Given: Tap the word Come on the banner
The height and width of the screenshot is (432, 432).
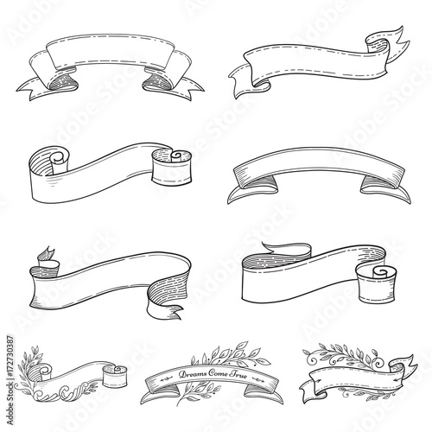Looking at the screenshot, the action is (x=218, y=373).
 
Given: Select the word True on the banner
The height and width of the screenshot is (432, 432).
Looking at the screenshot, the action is (x=238, y=375).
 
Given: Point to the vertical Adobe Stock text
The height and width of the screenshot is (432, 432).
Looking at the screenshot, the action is (x=10, y=403).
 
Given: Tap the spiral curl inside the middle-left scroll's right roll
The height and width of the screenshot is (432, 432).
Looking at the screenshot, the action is (x=175, y=156).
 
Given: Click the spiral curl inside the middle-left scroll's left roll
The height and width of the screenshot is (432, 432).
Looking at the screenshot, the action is (x=57, y=157).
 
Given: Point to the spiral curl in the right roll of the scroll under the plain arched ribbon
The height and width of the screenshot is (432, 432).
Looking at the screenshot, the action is (x=379, y=272).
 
